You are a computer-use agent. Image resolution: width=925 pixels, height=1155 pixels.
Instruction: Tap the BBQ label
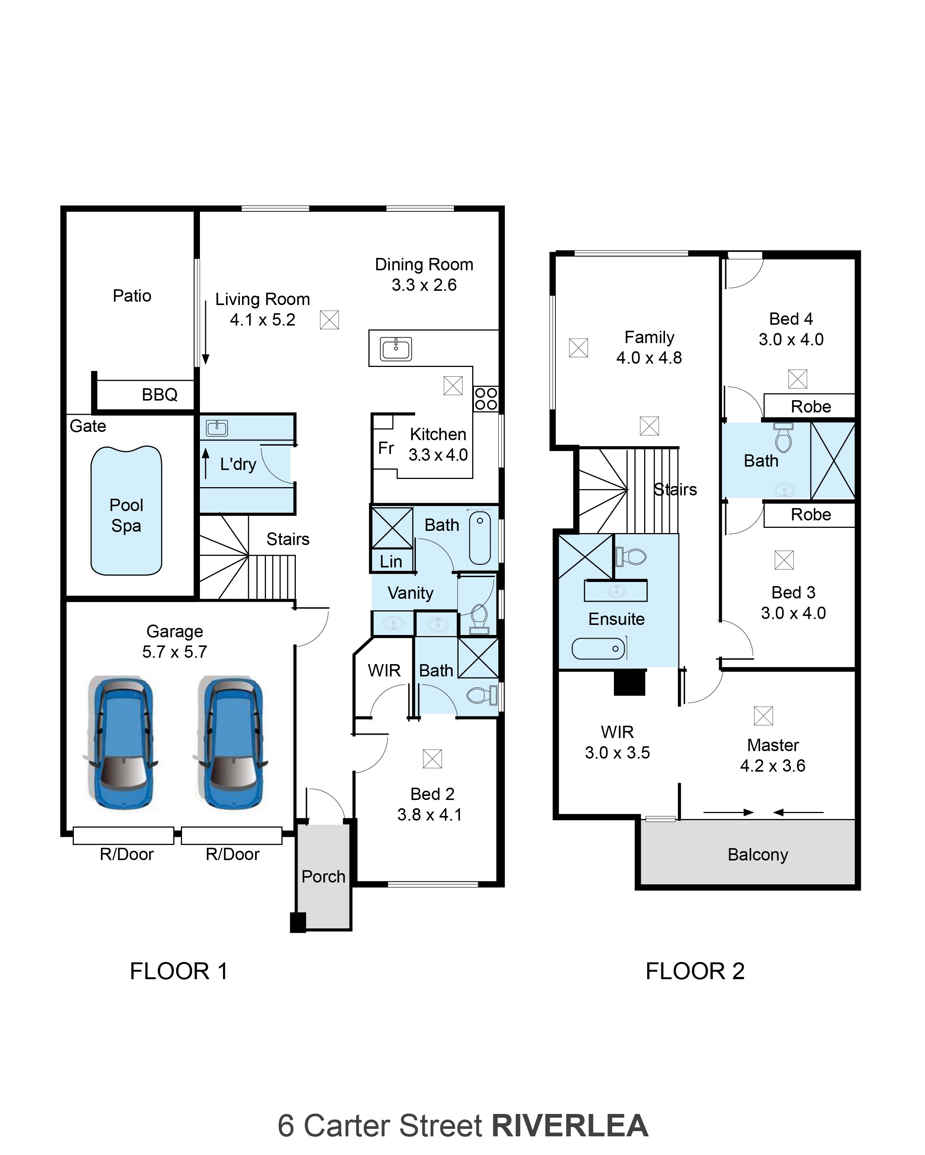point(160,395)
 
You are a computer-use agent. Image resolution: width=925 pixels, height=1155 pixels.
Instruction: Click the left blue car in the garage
point(122,742)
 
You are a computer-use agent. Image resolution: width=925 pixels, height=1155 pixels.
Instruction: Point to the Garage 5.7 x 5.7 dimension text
point(175,642)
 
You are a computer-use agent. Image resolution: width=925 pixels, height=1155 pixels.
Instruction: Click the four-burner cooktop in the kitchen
point(486,399)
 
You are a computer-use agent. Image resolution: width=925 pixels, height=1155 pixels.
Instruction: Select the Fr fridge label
point(386,448)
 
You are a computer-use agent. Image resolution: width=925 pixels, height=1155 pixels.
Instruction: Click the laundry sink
point(217,428)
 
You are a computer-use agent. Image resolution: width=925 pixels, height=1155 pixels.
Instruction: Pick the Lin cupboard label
point(391,562)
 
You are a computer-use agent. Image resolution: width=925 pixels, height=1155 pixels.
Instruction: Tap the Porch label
point(323,877)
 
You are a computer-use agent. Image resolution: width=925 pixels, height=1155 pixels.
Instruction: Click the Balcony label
point(758,855)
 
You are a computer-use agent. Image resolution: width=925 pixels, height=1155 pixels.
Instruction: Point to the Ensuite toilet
point(631,557)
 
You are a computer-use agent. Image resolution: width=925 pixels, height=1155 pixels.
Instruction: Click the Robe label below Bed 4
point(811,407)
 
